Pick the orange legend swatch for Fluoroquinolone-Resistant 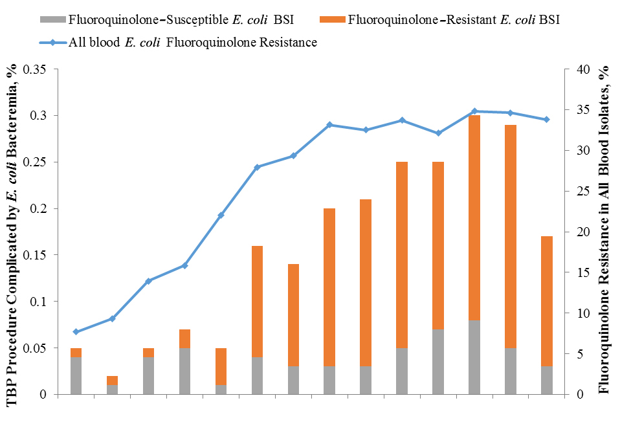click(x=332, y=19)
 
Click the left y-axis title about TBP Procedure click(x=11, y=236)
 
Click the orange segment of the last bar click(x=548, y=301)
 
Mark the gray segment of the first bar click(x=76, y=375)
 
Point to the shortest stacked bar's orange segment click(x=113, y=380)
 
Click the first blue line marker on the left click(x=76, y=331)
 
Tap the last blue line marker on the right click(x=548, y=120)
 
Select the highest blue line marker click(x=475, y=111)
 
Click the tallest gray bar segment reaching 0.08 click(x=475, y=357)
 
